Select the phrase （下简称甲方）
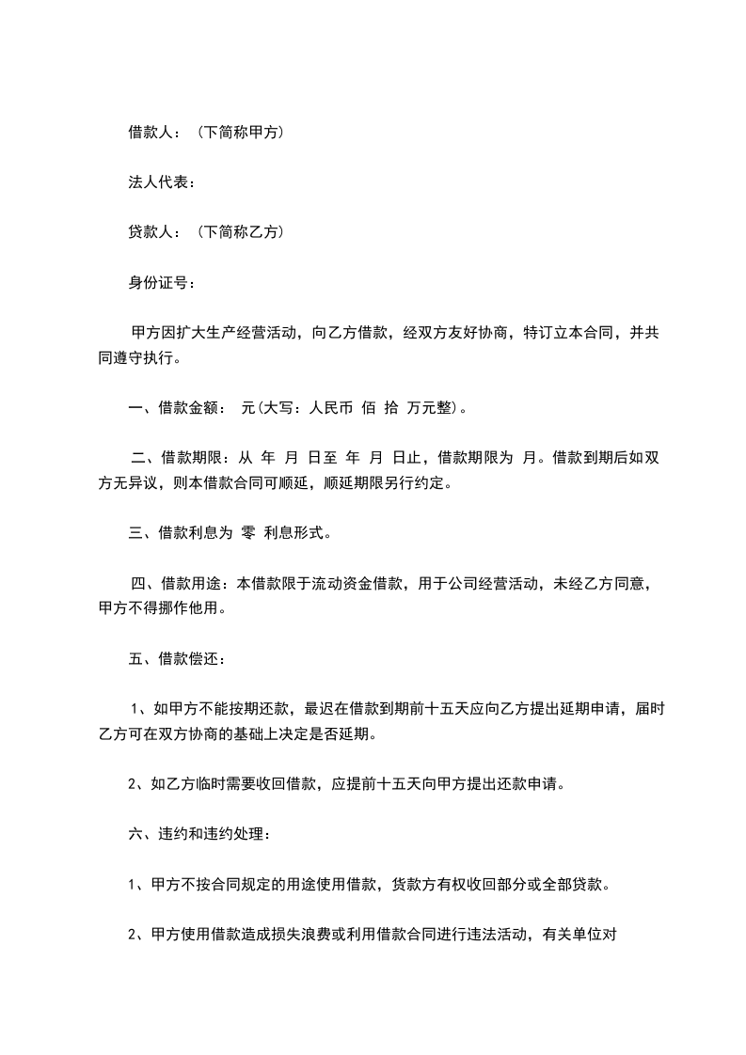coord(241,133)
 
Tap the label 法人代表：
coord(161,181)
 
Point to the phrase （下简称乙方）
coord(241,230)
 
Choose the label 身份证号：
coord(161,280)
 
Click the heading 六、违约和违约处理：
coord(199,833)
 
